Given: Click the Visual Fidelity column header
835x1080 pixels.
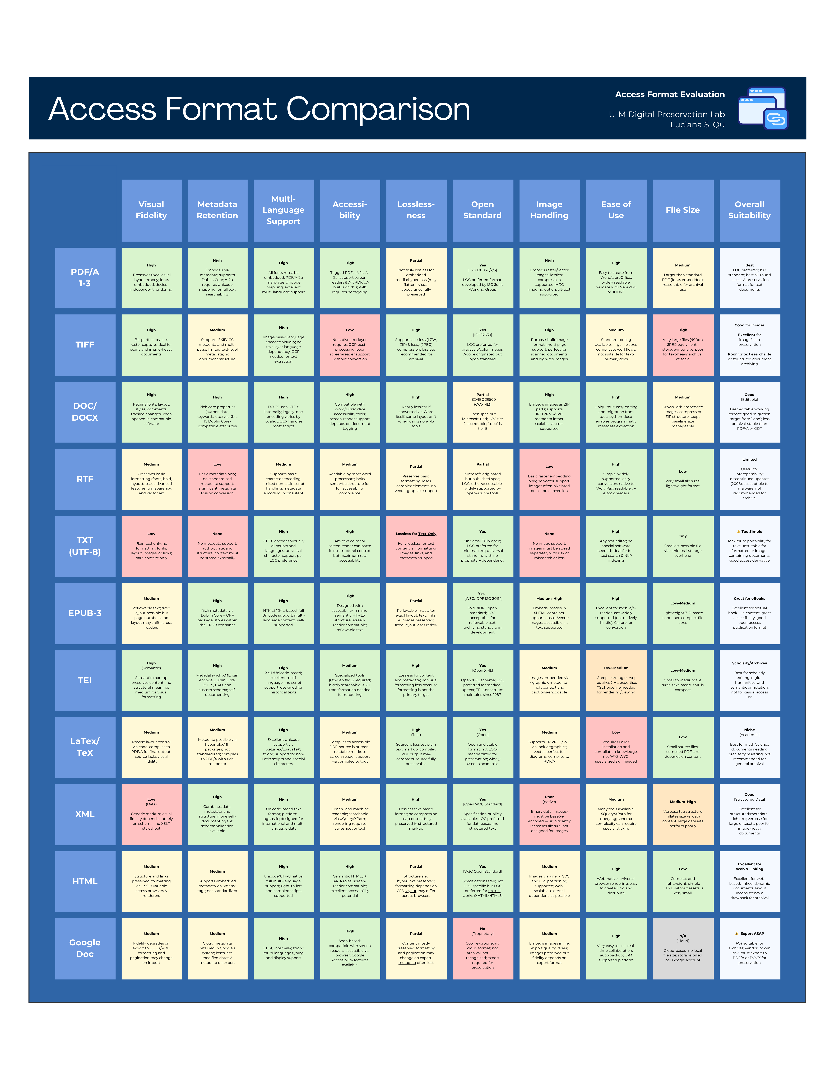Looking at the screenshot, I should [151, 210].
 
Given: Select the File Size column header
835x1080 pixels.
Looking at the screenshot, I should [683, 210].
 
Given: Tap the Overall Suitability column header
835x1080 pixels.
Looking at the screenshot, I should [749, 210].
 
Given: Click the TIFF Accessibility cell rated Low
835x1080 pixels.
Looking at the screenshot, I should [350, 345].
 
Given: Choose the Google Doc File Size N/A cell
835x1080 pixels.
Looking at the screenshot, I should [683, 948].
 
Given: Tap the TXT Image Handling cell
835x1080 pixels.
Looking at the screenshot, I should [549, 546].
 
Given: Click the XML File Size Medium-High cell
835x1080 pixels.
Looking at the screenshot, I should [683, 814].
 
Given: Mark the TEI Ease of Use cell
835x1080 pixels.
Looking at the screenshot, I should [616, 680].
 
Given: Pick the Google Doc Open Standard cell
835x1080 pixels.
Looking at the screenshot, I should [482, 948].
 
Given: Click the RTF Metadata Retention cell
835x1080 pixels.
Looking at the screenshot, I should [217, 479].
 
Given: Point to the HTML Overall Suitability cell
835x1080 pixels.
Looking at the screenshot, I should [749, 881].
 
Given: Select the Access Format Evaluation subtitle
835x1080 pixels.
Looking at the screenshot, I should [670, 95].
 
